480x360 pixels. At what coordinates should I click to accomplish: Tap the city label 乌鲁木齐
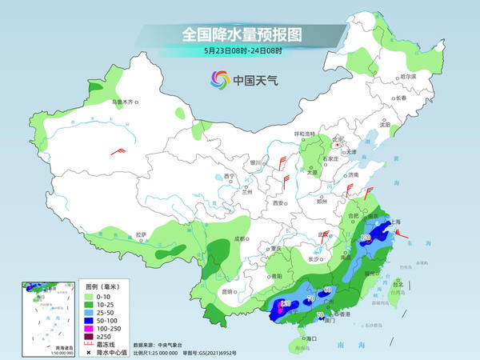125,102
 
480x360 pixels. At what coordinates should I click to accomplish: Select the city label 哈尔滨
407,77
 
